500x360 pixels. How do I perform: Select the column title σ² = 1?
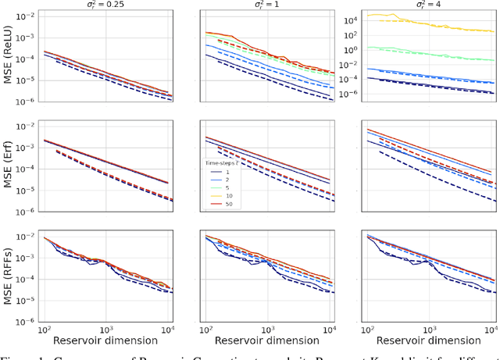[268, 5]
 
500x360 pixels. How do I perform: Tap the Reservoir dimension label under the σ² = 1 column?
[268, 340]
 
